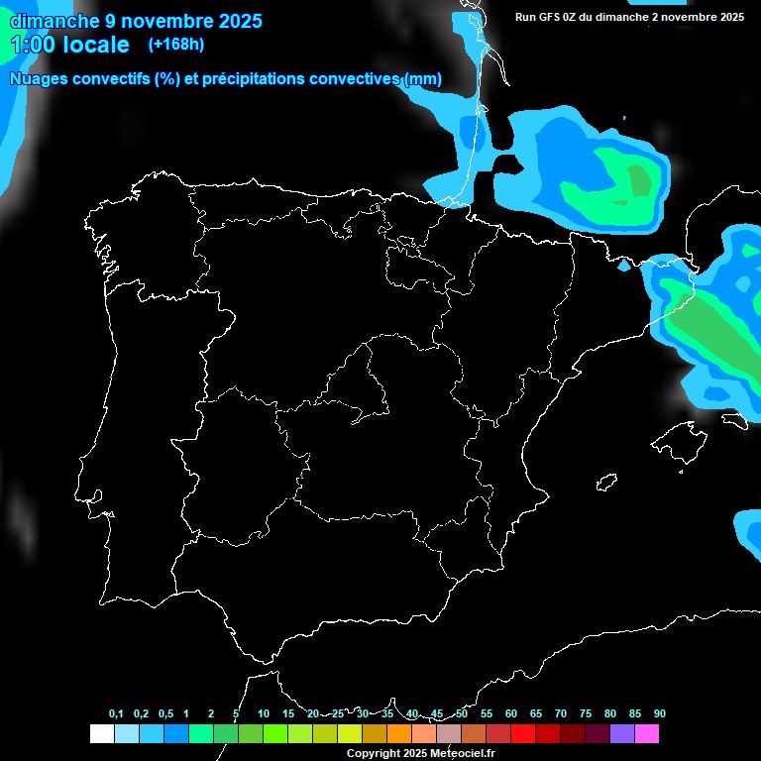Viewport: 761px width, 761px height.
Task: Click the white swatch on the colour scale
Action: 101,733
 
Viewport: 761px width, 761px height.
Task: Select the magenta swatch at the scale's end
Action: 647,733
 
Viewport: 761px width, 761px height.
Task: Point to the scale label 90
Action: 659,713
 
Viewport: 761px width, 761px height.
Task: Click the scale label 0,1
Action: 116,713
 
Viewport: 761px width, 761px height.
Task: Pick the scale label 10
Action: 263,713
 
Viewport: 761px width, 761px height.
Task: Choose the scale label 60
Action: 510,713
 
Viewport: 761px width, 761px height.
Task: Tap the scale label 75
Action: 585,713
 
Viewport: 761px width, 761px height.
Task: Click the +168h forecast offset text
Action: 175,45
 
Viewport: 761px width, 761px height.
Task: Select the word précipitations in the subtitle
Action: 253,79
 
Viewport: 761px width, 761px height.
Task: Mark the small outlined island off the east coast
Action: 606,482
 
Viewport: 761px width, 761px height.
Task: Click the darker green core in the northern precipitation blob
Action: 640,180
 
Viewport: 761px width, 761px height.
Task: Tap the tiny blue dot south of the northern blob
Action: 624,266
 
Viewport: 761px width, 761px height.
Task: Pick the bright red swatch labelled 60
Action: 523,733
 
